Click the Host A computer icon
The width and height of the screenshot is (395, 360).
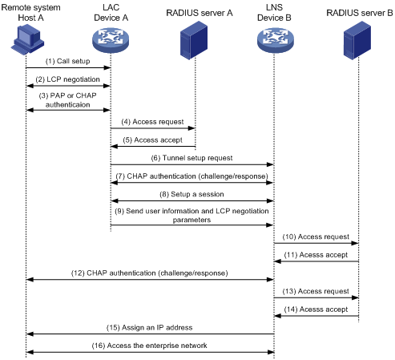click(x=27, y=39)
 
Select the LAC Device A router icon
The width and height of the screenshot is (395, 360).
click(x=111, y=41)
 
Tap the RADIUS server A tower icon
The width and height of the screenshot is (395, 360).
click(x=194, y=40)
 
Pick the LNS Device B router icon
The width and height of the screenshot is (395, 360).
click(x=276, y=41)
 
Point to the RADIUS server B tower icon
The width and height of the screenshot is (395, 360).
click(x=357, y=40)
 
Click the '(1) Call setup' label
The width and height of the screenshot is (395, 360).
click(x=67, y=61)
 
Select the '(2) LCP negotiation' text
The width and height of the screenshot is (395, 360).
click(x=67, y=79)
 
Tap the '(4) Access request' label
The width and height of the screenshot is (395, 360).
click(x=152, y=122)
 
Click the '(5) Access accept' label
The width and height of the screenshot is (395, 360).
click(x=152, y=140)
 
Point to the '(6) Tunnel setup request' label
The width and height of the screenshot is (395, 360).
click(x=191, y=158)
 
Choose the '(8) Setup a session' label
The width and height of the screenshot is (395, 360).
click(x=191, y=194)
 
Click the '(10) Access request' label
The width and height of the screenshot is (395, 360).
click(x=316, y=237)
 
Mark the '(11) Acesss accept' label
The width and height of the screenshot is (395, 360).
click(x=316, y=255)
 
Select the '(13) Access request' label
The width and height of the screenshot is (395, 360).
click(x=316, y=291)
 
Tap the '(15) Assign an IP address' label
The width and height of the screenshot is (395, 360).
click(x=149, y=328)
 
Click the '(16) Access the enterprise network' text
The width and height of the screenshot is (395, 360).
click(x=149, y=346)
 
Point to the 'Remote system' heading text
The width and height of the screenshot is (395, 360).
click(x=30, y=7)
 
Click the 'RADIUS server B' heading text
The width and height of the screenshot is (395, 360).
click(x=360, y=13)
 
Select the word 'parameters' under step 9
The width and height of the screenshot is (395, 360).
click(x=191, y=220)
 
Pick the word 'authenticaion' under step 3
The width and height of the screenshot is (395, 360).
click(x=67, y=105)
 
